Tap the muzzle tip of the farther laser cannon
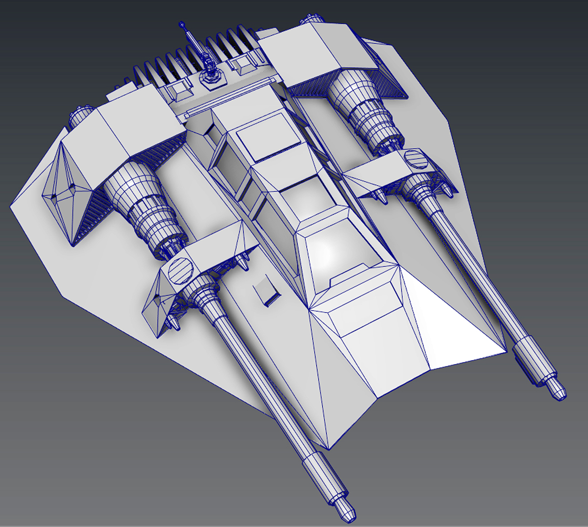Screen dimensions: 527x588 point(561,391)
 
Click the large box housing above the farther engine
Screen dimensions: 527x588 point(318,54)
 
